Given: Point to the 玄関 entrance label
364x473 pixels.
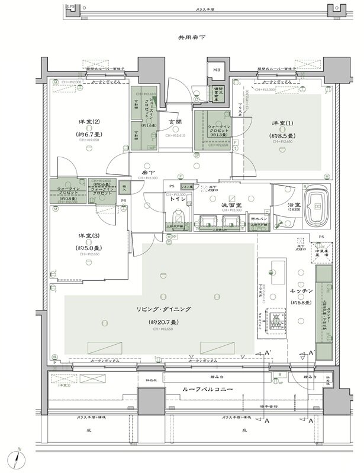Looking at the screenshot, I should pyautogui.click(x=176, y=122).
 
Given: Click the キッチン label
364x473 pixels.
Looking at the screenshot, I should pyautogui.click(x=302, y=292).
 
